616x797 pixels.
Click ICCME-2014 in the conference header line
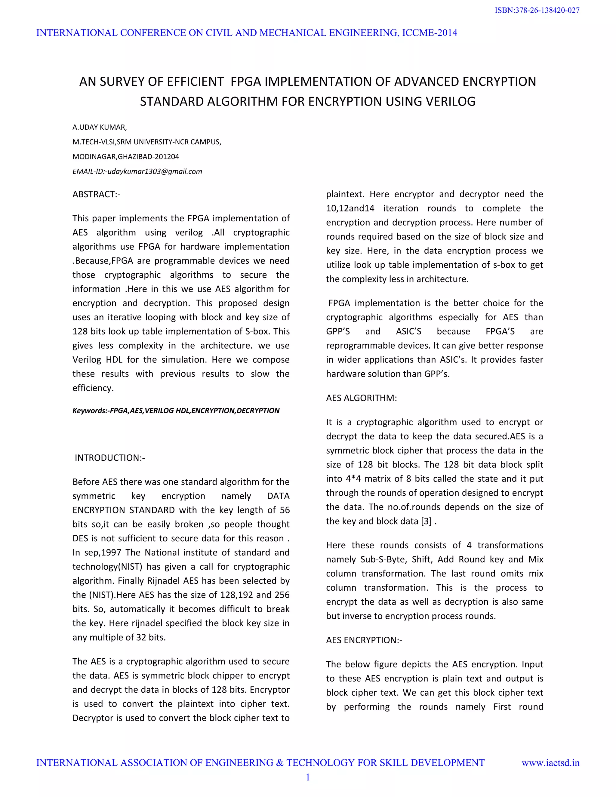coord(430,33)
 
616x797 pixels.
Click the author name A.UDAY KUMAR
coord(99,127)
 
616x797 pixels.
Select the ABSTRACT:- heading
coord(96,195)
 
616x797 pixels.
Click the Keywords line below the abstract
coord(176,411)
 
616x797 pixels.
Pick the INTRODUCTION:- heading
coord(109,458)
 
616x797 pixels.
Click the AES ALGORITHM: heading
coord(361,398)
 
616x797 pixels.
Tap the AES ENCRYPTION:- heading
coord(364,640)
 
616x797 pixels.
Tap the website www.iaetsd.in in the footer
coord(550,763)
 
